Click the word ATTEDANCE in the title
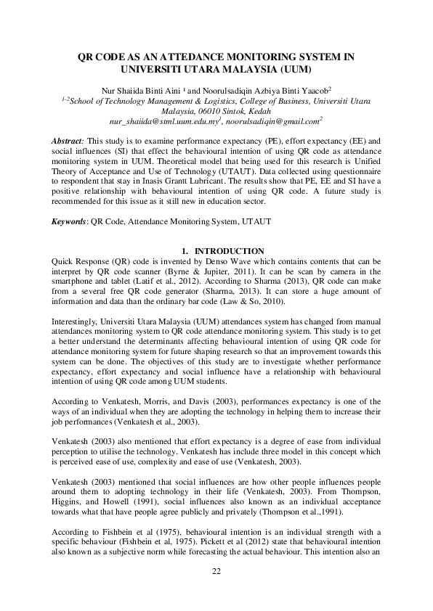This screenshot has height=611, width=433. [193, 57]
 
